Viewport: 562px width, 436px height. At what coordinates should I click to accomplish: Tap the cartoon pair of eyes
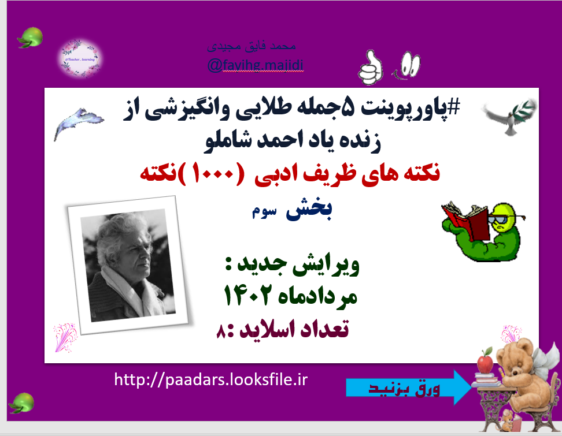[x=409, y=62]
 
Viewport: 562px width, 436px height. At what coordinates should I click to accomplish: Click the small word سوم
[x=262, y=213]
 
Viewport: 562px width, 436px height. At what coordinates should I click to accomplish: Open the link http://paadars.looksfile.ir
[x=210, y=380]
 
